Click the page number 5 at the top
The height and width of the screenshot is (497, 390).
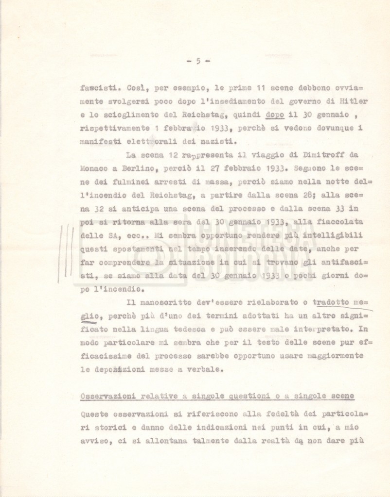(198, 61)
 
